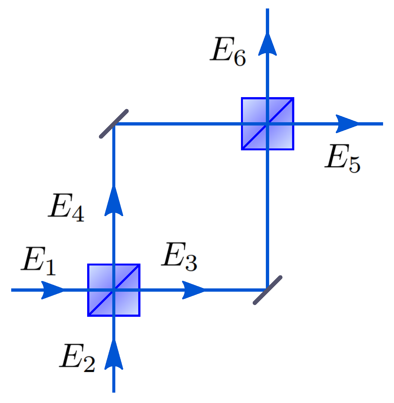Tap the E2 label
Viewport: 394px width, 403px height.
click(77, 358)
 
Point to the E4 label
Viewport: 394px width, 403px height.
click(66, 207)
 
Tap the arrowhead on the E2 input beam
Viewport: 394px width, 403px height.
click(114, 354)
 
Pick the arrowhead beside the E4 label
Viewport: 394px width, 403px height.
click(114, 201)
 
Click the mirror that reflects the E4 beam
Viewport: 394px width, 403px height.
click(114, 124)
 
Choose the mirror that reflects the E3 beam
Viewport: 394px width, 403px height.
click(267, 290)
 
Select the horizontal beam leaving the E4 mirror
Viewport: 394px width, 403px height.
click(178, 124)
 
